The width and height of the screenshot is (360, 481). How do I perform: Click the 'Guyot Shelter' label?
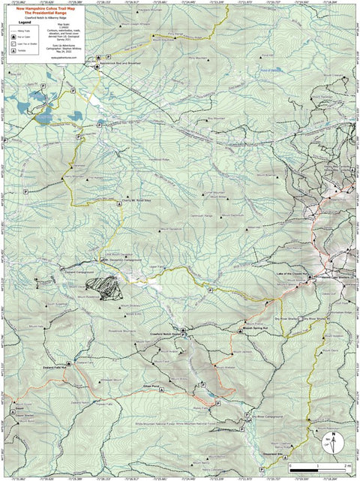tap(24, 413)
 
